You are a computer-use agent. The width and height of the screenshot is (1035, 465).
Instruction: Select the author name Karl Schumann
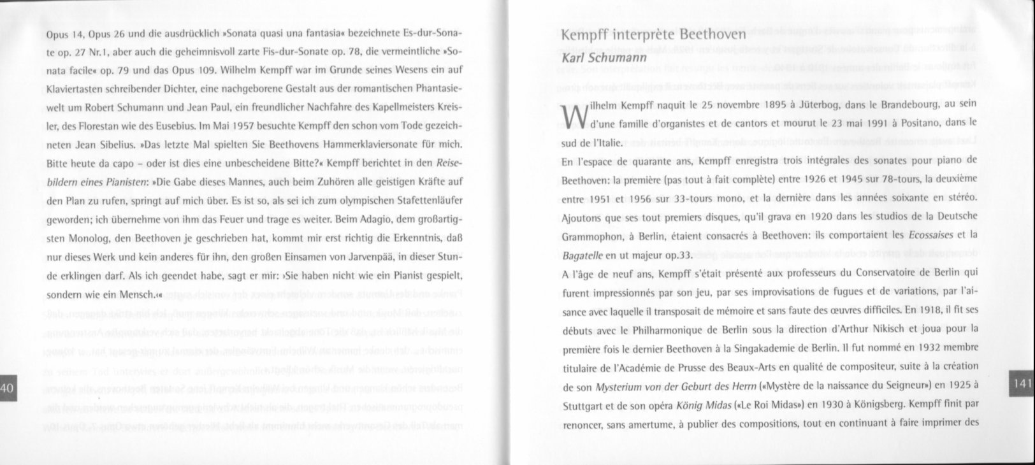tap(603, 58)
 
